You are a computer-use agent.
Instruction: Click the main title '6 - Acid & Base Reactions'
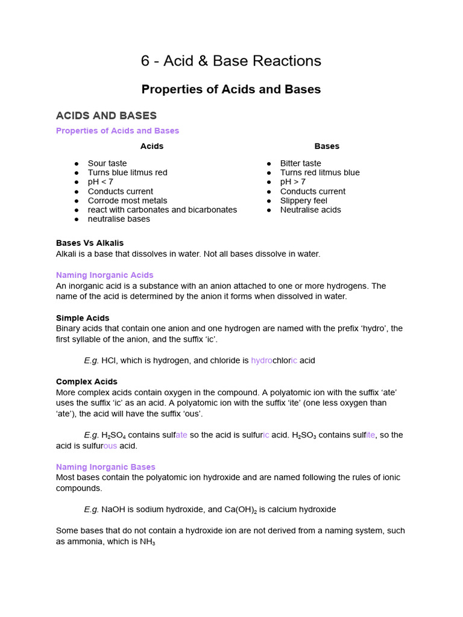pos(231,61)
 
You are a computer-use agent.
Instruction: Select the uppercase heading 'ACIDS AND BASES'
pos(106,116)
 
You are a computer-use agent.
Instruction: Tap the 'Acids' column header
pos(152,146)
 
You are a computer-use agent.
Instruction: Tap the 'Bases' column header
pos(327,146)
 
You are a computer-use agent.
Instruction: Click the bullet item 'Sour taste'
pos(107,163)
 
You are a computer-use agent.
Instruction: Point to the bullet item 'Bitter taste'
pos(300,163)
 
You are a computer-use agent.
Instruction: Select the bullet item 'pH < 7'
pos(100,182)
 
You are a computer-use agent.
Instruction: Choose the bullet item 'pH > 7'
pos(292,182)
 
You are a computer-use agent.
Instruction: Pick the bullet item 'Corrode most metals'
pos(127,201)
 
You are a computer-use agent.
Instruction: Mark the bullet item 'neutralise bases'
pos(119,219)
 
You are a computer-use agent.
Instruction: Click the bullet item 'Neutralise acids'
pos(310,210)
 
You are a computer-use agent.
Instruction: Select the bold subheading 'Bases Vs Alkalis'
pos(90,243)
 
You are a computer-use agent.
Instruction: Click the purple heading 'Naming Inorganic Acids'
pos(105,275)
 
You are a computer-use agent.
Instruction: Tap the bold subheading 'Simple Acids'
pos(83,318)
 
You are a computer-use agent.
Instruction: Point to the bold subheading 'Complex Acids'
pos(87,382)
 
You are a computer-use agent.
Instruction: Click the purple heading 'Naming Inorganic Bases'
pos(106,467)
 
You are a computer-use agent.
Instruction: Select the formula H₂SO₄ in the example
pos(113,436)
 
